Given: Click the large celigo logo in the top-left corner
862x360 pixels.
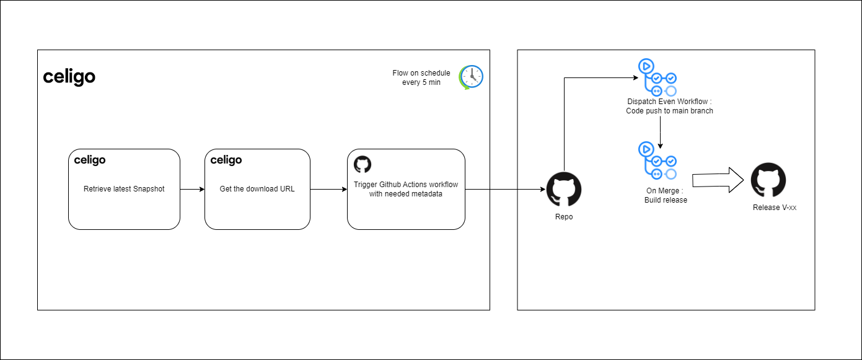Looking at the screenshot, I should (69, 77).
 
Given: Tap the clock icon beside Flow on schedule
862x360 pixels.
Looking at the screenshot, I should (471, 77).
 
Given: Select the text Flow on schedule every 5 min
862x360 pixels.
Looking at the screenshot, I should (421, 77).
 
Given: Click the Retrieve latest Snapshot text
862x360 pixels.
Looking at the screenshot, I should (124, 189).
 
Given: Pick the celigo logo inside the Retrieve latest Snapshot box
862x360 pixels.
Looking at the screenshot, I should (90, 160).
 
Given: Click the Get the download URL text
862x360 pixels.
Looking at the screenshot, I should (257, 189).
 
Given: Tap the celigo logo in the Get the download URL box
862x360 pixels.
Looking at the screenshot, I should (226, 160).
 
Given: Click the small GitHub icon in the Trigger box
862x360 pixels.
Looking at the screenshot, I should (362, 164).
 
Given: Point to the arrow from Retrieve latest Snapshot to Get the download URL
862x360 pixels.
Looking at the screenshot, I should (192, 189).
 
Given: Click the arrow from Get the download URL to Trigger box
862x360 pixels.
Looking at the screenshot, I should (328, 189).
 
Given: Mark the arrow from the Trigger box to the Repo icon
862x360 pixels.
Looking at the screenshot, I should (505, 189).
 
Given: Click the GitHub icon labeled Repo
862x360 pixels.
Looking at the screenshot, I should (564, 189).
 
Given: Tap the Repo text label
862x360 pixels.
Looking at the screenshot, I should (564, 217).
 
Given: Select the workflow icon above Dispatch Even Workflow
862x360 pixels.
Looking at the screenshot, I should (657, 77).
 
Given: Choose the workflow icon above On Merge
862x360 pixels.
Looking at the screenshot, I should (657, 161).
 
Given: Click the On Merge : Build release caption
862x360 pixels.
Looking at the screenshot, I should (665, 195).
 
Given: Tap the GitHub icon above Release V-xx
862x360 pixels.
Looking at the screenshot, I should (768, 180).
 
